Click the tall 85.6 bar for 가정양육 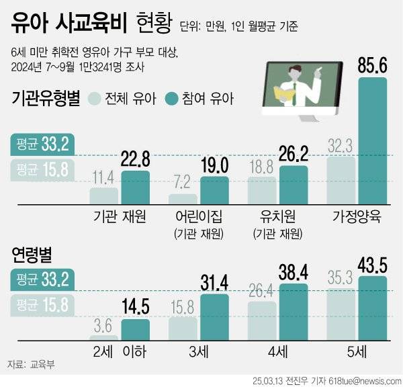coord(372,141)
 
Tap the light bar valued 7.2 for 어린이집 coord(183,199)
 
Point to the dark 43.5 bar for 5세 coord(372,310)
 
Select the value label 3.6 coord(104,327)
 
